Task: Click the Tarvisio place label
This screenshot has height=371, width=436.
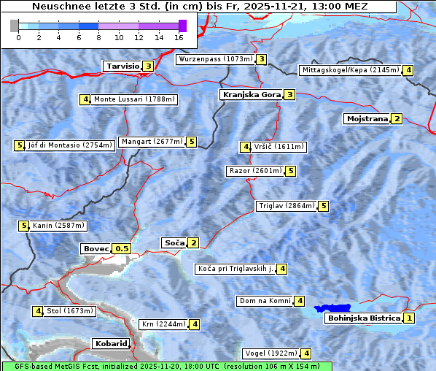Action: pos(122,66)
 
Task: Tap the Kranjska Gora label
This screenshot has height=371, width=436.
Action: pos(250,94)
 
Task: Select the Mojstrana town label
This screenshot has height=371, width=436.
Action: pos(367,118)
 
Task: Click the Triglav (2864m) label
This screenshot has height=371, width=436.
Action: pos(286,206)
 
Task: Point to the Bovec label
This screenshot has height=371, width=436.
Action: pos(96,248)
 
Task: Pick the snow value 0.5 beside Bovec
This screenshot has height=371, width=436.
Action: pos(122,248)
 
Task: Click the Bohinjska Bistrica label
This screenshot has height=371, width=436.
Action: pos(363,318)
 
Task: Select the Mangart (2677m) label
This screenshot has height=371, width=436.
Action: pos(152,142)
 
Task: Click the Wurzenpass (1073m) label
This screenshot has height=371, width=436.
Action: pos(215,59)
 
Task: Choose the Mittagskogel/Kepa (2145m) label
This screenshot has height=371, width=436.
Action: pos(351,70)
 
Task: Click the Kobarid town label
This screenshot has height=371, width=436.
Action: pos(111,343)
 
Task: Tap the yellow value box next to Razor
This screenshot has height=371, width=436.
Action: pos(290,171)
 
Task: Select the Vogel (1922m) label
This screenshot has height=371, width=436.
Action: pos(270,353)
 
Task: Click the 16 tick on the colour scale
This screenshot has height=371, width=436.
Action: pos(179,37)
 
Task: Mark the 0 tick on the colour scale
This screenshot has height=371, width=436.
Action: pos(18,37)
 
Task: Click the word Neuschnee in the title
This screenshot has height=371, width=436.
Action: pos(59,7)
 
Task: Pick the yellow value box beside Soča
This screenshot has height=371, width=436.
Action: pos(193,242)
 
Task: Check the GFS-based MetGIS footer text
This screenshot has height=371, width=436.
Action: pos(166,366)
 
